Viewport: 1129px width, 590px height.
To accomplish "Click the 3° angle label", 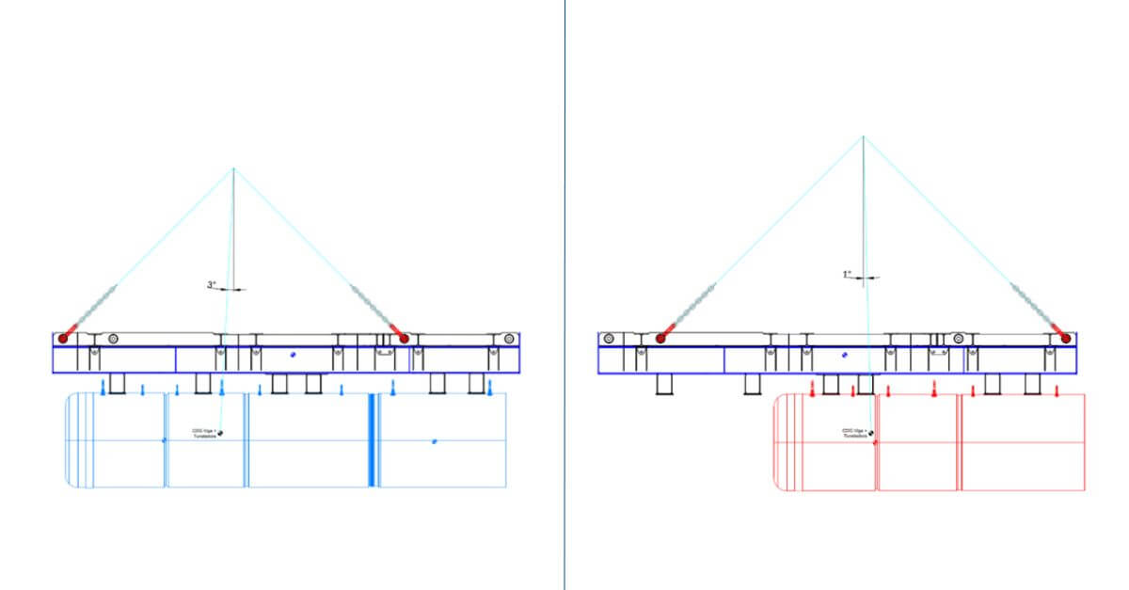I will [x=212, y=283].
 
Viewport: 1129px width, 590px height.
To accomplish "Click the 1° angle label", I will [x=847, y=274].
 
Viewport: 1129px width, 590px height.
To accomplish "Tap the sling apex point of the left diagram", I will [x=233, y=168].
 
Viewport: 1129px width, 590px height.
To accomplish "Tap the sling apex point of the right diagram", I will [x=863, y=136].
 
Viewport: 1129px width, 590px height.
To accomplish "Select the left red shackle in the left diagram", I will [x=64, y=337].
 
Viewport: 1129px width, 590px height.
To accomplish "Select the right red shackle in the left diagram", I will [x=404, y=337].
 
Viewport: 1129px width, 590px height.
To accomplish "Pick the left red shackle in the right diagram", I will [x=660, y=337].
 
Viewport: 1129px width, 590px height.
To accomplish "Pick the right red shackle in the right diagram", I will [x=1066, y=337].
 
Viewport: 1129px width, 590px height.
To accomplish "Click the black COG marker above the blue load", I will [x=220, y=433].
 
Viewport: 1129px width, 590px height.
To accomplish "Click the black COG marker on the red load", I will [x=872, y=433].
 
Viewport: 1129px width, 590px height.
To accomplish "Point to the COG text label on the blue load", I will [x=204, y=434].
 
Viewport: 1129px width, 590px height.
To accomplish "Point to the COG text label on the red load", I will [x=854, y=434].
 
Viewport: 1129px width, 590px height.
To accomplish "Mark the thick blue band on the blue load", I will [x=373, y=439].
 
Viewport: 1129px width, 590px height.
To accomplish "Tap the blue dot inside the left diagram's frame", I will [x=293, y=355].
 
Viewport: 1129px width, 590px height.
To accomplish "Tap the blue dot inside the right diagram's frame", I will [x=845, y=355].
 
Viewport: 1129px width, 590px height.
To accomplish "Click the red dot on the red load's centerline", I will [x=875, y=441].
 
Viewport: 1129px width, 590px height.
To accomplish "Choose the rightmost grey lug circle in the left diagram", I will [x=508, y=338].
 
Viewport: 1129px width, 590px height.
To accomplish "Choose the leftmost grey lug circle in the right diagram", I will [x=610, y=338].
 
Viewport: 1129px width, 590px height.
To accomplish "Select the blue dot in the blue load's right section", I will [x=434, y=440].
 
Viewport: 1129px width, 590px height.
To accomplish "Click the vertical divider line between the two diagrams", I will [x=564, y=282].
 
